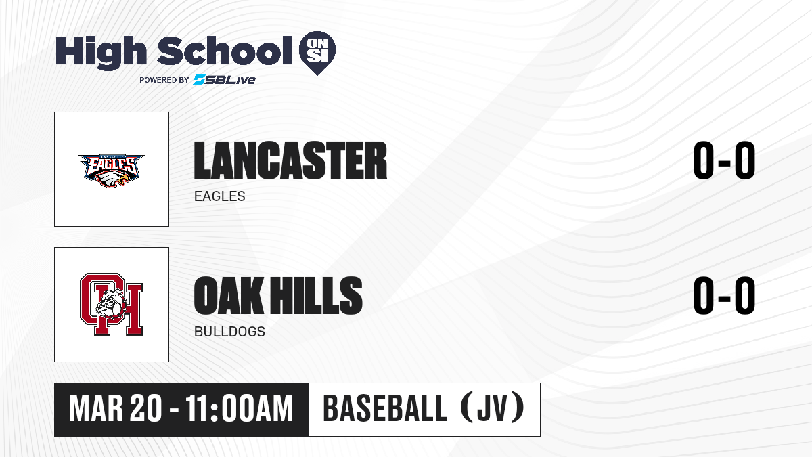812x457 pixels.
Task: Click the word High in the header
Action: tap(101, 53)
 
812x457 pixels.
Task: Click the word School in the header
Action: tap(225, 51)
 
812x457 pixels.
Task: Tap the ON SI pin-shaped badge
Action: tap(317, 53)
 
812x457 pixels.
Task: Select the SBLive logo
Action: tap(225, 80)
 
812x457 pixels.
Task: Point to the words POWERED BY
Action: tap(164, 80)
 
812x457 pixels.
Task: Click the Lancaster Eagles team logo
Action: tap(112, 171)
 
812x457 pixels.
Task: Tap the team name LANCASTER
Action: tap(290, 160)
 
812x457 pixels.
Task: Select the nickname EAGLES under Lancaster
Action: tap(220, 196)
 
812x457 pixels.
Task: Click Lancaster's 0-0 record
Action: tap(724, 160)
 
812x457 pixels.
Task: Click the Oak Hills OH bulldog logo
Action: tap(111, 304)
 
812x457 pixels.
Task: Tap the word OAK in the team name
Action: tap(229, 295)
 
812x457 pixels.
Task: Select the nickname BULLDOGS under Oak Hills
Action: tap(229, 332)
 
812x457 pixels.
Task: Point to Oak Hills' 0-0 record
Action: tap(724, 295)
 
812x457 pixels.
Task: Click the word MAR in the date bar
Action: tap(96, 409)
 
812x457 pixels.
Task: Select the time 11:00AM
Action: tap(240, 409)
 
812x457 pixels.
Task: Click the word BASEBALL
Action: tap(384, 409)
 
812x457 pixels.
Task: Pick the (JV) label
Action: tap(493, 408)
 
